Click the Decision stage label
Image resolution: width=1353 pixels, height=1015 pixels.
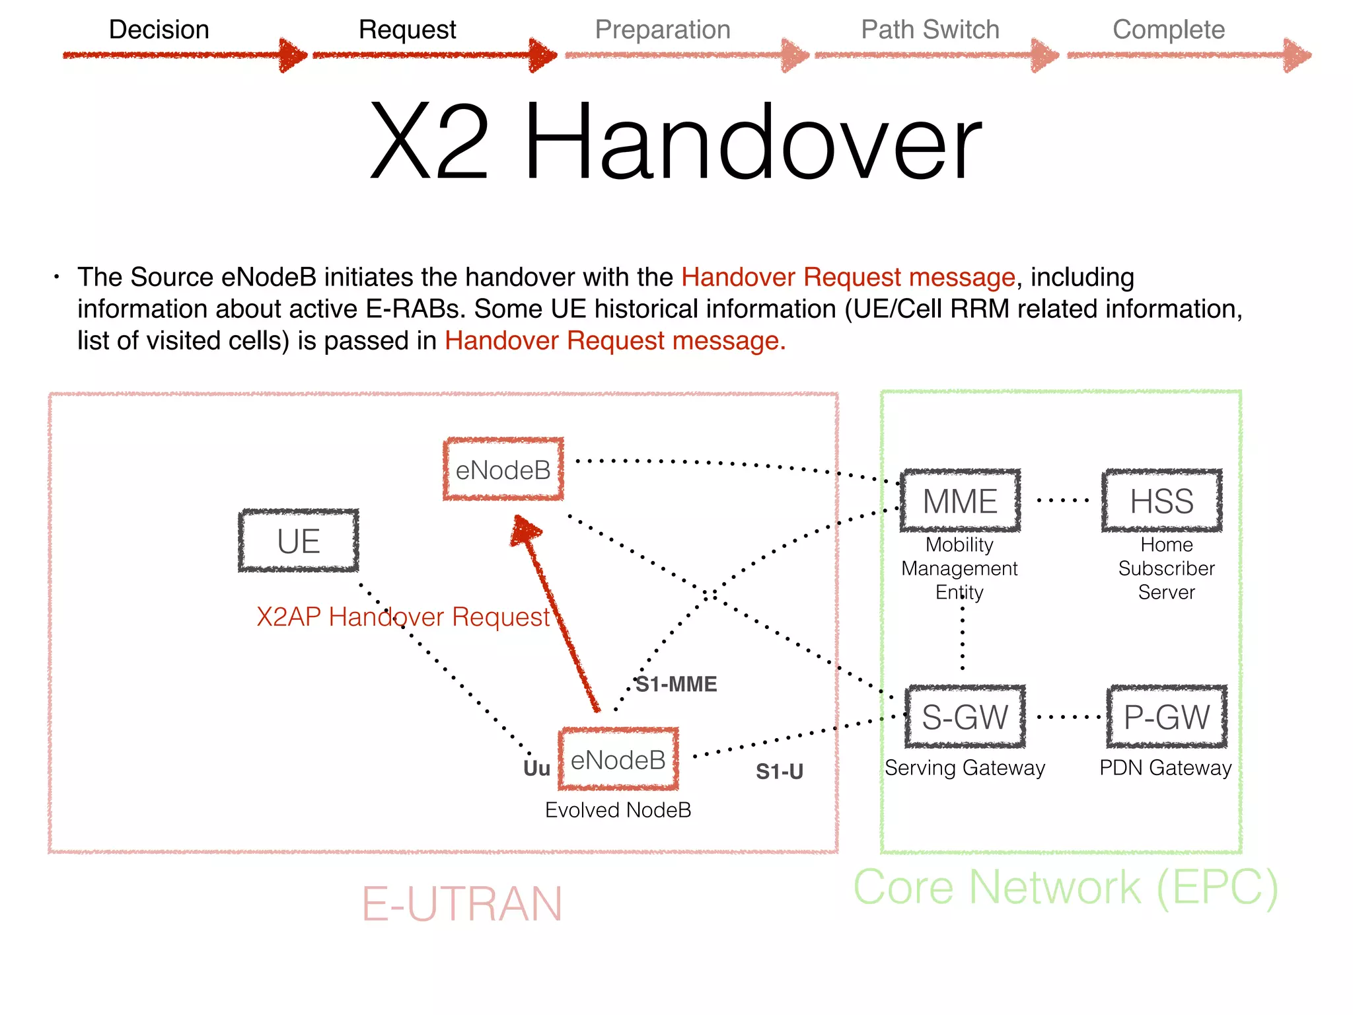pyautogui.click(x=159, y=30)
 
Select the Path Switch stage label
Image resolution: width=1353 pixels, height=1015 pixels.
pyautogui.click(x=930, y=30)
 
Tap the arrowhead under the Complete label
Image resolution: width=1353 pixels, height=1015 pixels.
pyautogui.click(x=1297, y=56)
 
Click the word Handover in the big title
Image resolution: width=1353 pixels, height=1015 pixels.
pyautogui.click(x=752, y=143)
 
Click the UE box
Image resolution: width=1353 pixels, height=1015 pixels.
pyautogui.click(x=299, y=541)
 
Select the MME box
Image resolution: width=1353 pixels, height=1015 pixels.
pyautogui.click(x=960, y=501)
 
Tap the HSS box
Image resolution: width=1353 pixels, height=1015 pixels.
pyautogui.click(x=1161, y=501)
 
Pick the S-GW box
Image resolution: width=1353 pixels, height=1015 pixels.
pyautogui.click(x=965, y=717)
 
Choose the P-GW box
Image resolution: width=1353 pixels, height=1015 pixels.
pyautogui.click(x=1167, y=717)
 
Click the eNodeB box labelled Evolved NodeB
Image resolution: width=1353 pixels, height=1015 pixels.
pyautogui.click(x=618, y=760)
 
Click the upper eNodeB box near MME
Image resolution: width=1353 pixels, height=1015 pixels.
pyautogui.click(x=503, y=470)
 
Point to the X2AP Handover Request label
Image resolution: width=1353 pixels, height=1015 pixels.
pyautogui.click(x=403, y=617)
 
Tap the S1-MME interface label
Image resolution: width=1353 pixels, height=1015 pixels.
pyautogui.click(x=676, y=684)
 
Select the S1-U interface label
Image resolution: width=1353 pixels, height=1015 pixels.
pyautogui.click(x=779, y=771)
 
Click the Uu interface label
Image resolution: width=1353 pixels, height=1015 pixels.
pyautogui.click(x=536, y=769)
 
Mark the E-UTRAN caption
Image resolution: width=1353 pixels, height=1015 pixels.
pyautogui.click(x=462, y=904)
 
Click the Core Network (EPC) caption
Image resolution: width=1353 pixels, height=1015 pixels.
pyautogui.click(x=1065, y=887)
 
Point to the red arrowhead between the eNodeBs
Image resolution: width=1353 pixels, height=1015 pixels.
pyautogui.click(x=526, y=530)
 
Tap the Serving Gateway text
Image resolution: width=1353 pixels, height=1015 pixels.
pyautogui.click(x=965, y=768)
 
